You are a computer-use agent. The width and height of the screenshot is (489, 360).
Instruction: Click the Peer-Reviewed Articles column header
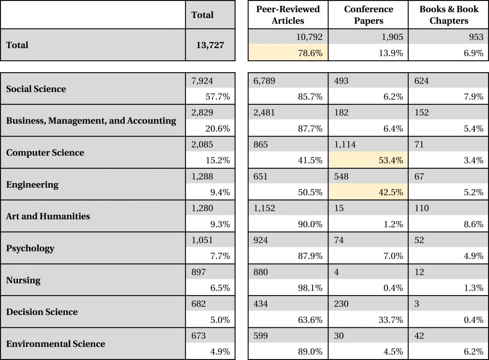(288, 15)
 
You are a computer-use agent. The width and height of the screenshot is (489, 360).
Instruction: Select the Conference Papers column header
(368, 15)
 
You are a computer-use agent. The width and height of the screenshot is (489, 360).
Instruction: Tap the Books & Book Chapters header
(449, 15)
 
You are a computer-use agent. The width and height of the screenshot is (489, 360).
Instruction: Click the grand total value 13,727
(210, 45)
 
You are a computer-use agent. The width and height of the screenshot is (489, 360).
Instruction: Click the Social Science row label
(36, 89)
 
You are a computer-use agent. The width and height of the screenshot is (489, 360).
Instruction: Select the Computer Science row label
(45, 152)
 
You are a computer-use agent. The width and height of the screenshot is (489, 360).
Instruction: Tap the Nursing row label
(23, 280)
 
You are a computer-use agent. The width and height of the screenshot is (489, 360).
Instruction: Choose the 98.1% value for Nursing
(310, 288)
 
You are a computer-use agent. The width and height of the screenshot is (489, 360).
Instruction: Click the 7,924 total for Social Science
(202, 81)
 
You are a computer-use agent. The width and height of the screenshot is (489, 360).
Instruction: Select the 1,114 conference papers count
(345, 144)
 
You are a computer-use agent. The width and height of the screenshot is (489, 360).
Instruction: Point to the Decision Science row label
(42, 312)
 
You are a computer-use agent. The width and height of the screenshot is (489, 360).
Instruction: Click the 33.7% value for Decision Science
(391, 320)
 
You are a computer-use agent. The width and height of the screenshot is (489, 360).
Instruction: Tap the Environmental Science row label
(55, 344)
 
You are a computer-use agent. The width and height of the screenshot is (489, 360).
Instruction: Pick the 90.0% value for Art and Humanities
(310, 224)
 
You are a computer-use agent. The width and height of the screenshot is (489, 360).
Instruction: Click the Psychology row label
(30, 248)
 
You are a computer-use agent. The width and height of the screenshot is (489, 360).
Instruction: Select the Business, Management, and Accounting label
(91, 121)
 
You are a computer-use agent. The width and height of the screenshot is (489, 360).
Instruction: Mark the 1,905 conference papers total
(392, 37)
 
